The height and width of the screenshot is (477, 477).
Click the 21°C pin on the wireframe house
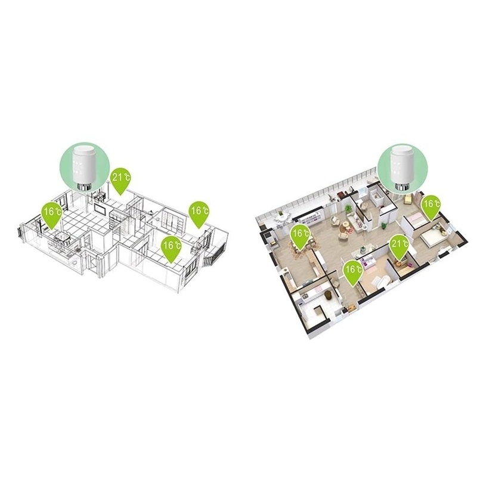coord(120,180)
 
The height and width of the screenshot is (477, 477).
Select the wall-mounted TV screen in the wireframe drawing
coord(100,209)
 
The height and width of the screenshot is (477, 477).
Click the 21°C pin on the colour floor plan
coord(399,247)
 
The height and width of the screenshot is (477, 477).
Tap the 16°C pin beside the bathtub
coord(353,272)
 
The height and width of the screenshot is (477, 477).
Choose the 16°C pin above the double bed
coord(430,207)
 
